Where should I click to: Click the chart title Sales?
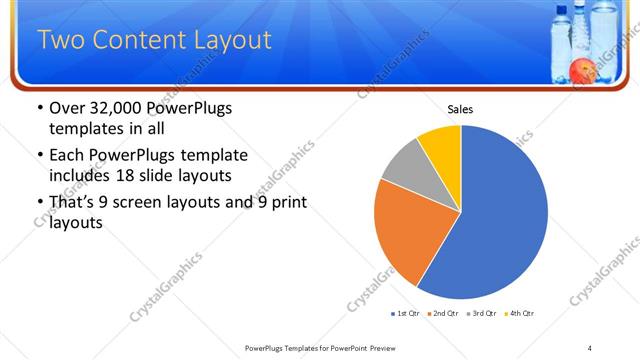tap(460, 110)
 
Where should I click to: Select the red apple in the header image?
tap(581, 70)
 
